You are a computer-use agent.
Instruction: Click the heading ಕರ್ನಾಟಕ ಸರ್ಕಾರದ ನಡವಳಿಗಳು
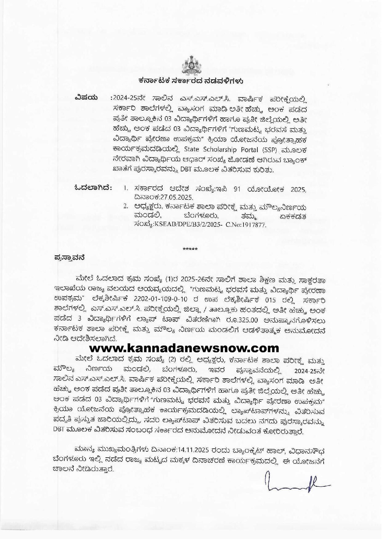(x=191, y=81)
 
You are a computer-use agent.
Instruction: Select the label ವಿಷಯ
(x=86, y=98)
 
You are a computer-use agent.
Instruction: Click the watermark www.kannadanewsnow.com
(x=185, y=348)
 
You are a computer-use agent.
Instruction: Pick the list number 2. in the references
(x=125, y=206)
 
